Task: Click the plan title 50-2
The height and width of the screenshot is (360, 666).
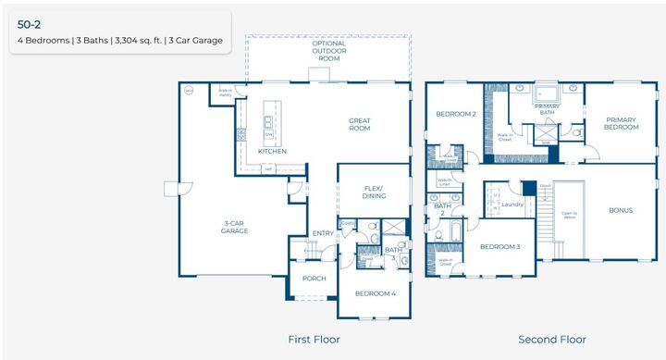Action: [31, 24]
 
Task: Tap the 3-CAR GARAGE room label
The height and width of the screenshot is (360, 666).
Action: [234, 227]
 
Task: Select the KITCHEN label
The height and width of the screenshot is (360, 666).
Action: [272, 151]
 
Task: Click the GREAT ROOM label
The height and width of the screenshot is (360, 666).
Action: [360, 124]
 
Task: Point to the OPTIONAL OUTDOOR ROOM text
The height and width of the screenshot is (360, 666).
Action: [329, 51]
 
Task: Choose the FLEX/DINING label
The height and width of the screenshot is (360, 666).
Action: [374, 192]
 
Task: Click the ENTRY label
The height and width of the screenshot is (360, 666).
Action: [323, 233]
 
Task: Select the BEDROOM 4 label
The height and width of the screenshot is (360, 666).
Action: [375, 293]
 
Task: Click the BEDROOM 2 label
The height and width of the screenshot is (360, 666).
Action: [456, 114]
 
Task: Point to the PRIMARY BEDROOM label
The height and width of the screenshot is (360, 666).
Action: [622, 123]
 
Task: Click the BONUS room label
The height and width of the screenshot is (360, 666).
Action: [621, 210]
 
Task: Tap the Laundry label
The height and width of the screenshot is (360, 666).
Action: [513, 204]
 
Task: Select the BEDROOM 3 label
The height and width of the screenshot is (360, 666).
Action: [499, 246]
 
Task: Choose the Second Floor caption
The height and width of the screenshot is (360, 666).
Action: [551, 340]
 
